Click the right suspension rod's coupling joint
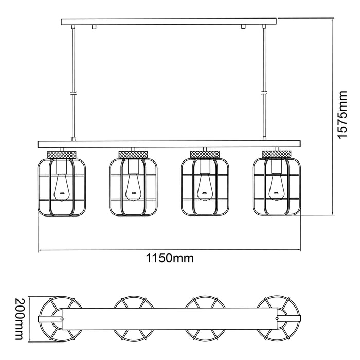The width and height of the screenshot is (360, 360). point(264,93)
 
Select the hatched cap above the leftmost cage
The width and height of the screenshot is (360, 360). point(62,154)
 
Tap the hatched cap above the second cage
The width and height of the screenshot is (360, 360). point(133,154)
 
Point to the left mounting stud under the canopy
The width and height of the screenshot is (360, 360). point(95,27)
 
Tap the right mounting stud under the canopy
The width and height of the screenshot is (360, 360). point(244,27)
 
